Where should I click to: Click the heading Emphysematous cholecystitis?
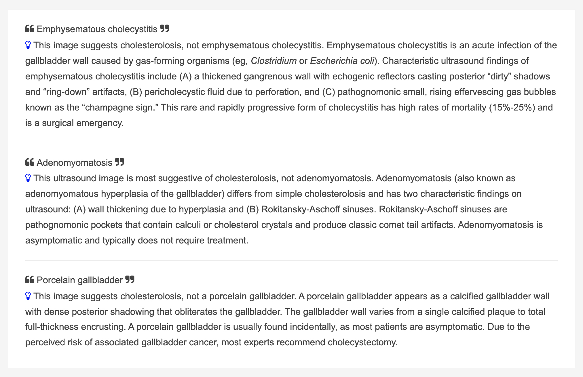(x=97, y=29)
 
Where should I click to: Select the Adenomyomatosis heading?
(x=75, y=163)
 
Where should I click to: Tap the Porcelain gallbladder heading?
(x=80, y=280)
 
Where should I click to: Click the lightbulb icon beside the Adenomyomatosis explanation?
(x=28, y=178)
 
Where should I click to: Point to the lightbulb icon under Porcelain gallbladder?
(x=28, y=296)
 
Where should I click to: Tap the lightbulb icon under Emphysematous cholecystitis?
(x=28, y=45)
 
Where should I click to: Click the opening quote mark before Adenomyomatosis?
(x=30, y=162)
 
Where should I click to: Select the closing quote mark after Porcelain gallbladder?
(x=130, y=279)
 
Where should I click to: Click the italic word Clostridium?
(x=274, y=61)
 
